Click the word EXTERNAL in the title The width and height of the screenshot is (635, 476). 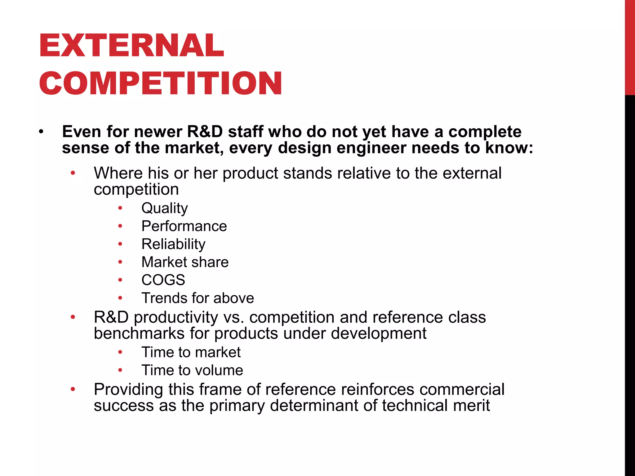[131, 46]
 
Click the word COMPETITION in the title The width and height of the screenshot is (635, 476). [160, 83]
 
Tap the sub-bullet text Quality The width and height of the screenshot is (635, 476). [164, 208]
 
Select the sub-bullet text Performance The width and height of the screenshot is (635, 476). [184, 226]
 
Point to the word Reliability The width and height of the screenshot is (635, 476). [173, 244]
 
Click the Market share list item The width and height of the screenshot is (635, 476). [185, 262]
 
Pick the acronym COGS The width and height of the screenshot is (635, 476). [163, 280]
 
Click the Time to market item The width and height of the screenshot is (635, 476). [191, 352]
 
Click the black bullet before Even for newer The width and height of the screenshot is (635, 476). [41, 132]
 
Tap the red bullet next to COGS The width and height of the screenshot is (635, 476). [120, 280]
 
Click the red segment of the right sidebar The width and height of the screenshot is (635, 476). [630, 46]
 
